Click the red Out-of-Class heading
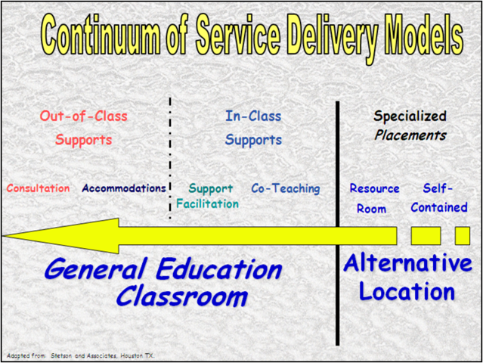[x=83, y=116]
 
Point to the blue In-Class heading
[x=252, y=116]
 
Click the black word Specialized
[x=410, y=116]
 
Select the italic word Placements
[x=410, y=136]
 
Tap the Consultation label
[x=38, y=188]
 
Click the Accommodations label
[x=123, y=188]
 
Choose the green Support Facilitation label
[x=209, y=196]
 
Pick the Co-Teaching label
[x=285, y=188]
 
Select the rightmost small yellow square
[x=462, y=236]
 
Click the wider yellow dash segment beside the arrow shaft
[x=426, y=236]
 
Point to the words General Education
[x=163, y=269]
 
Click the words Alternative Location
[x=407, y=277]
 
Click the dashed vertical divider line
[x=170, y=159]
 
